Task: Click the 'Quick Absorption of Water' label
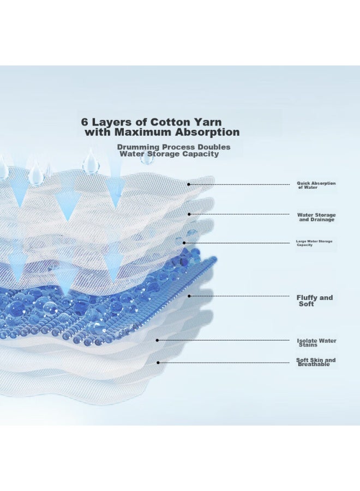(316, 185)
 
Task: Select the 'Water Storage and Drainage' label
(316, 217)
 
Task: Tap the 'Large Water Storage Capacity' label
(314, 243)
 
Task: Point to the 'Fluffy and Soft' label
(315, 301)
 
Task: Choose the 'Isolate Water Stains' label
(316, 343)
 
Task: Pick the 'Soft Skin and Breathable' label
(316, 362)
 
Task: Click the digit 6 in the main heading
(84, 122)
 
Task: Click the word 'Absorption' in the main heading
(207, 132)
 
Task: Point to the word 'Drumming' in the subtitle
(138, 147)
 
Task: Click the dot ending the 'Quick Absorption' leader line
(188, 184)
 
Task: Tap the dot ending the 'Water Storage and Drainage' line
(189, 214)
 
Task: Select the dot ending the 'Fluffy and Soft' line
(189, 296)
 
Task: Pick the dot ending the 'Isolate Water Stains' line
(158, 340)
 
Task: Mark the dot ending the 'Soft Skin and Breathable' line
(158, 363)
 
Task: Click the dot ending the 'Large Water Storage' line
(184, 243)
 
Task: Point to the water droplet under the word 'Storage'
(147, 158)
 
